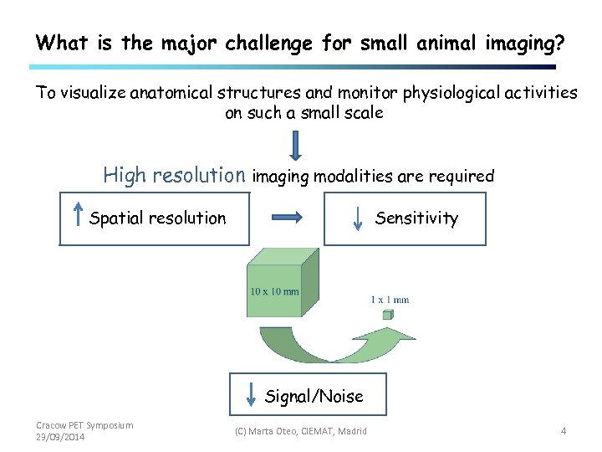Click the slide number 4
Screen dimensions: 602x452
coord(564,431)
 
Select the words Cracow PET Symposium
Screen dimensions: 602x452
coord(84,425)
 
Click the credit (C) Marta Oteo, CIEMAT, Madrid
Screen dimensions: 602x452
coord(300,431)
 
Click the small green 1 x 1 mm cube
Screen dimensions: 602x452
coord(387,315)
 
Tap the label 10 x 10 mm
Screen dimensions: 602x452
coord(274,292)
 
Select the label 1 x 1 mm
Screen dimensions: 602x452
coord(390,300)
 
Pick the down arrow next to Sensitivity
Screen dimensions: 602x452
coord(358,218)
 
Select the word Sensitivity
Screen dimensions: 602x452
coord(416,218)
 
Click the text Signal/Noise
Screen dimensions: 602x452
coord(314,396)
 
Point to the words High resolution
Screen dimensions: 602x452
coord(174,175)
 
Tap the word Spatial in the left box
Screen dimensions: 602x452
coord(116,218)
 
